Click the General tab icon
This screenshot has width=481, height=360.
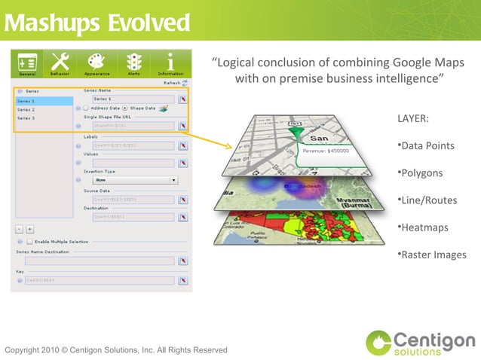27,63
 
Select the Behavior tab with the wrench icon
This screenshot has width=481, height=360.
60,63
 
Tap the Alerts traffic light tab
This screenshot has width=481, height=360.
133,63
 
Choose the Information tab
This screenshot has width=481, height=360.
170,63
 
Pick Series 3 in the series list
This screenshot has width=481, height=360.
26,118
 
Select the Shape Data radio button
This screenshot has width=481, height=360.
125,108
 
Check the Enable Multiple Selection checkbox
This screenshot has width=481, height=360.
29,242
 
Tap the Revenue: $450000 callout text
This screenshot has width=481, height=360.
326,151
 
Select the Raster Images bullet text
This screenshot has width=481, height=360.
434,255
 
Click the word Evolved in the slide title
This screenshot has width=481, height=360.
148,23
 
